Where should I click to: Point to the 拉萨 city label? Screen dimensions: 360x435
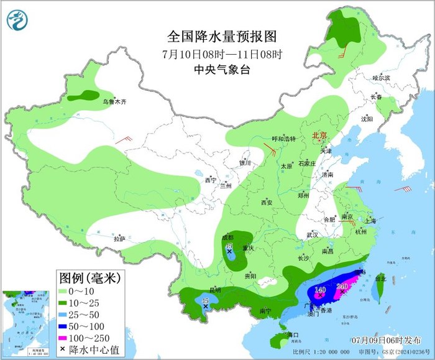point(119,238)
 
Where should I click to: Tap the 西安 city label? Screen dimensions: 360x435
point(267,202)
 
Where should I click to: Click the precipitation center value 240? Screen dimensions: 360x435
point(341,286)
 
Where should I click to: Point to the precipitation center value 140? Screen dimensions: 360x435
point(321,290)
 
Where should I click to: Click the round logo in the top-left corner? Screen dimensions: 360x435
point(17,20)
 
